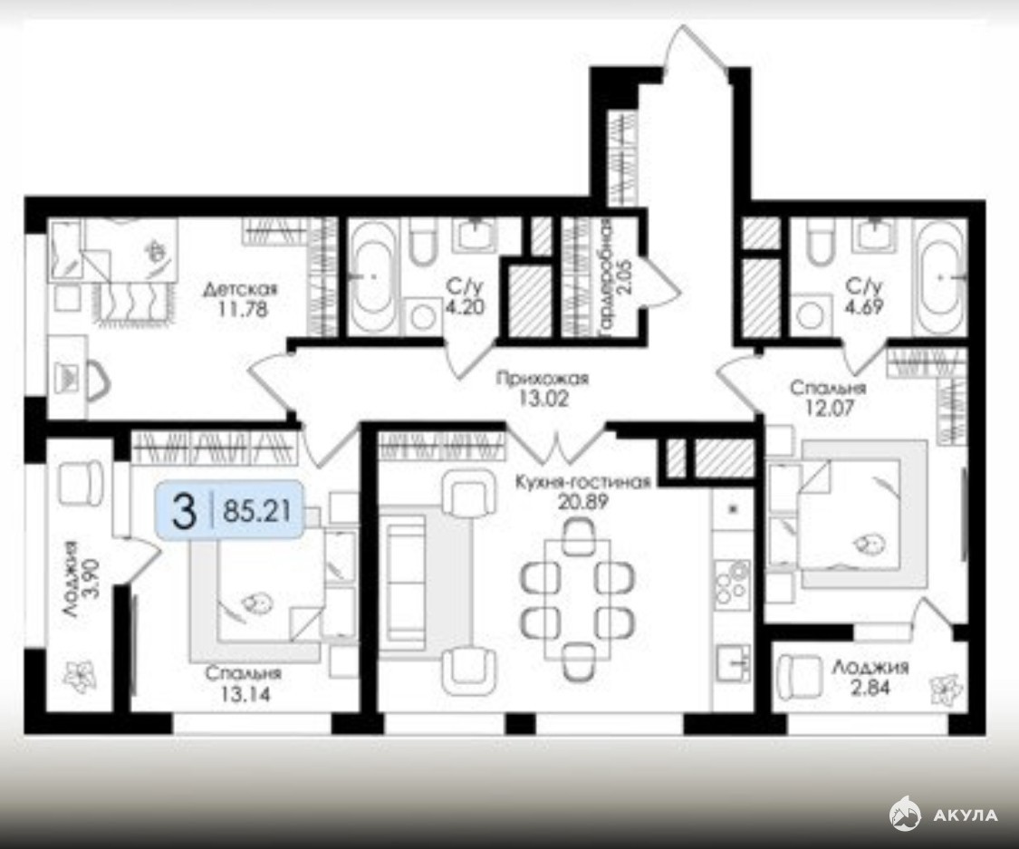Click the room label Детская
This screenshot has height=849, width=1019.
[240, 289]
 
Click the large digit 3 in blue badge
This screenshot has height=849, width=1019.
[184, 511]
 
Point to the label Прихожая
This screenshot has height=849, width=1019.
[542, 378]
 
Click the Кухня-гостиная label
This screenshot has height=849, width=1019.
[583, 482]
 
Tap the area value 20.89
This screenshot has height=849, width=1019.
[582, 502]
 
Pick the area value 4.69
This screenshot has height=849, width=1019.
[865, 306]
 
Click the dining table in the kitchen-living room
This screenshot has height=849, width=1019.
[577, 599]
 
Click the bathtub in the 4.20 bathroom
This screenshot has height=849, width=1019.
[373, 276]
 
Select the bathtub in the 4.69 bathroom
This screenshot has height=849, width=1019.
[939, 276]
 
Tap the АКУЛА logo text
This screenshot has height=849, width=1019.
[965, 815]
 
